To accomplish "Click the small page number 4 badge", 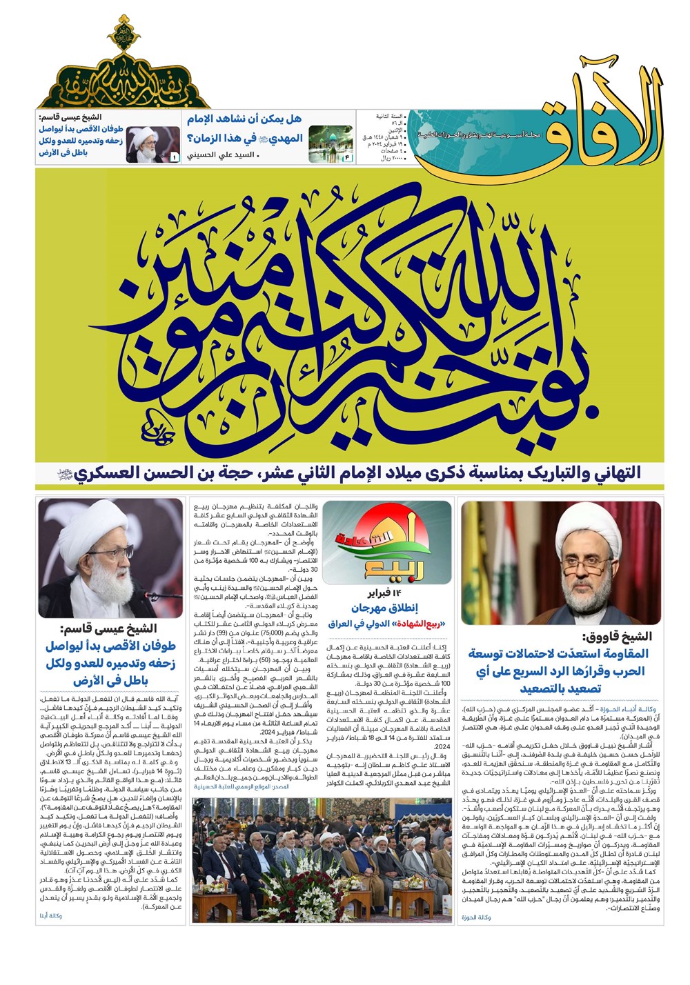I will tap(347, 158).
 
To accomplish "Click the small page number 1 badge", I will tap(174, 158).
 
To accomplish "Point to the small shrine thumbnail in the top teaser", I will tap(330, 143).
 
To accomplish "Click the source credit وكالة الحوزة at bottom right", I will tap(476, 917).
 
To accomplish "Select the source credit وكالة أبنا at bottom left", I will tap(51, 916).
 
